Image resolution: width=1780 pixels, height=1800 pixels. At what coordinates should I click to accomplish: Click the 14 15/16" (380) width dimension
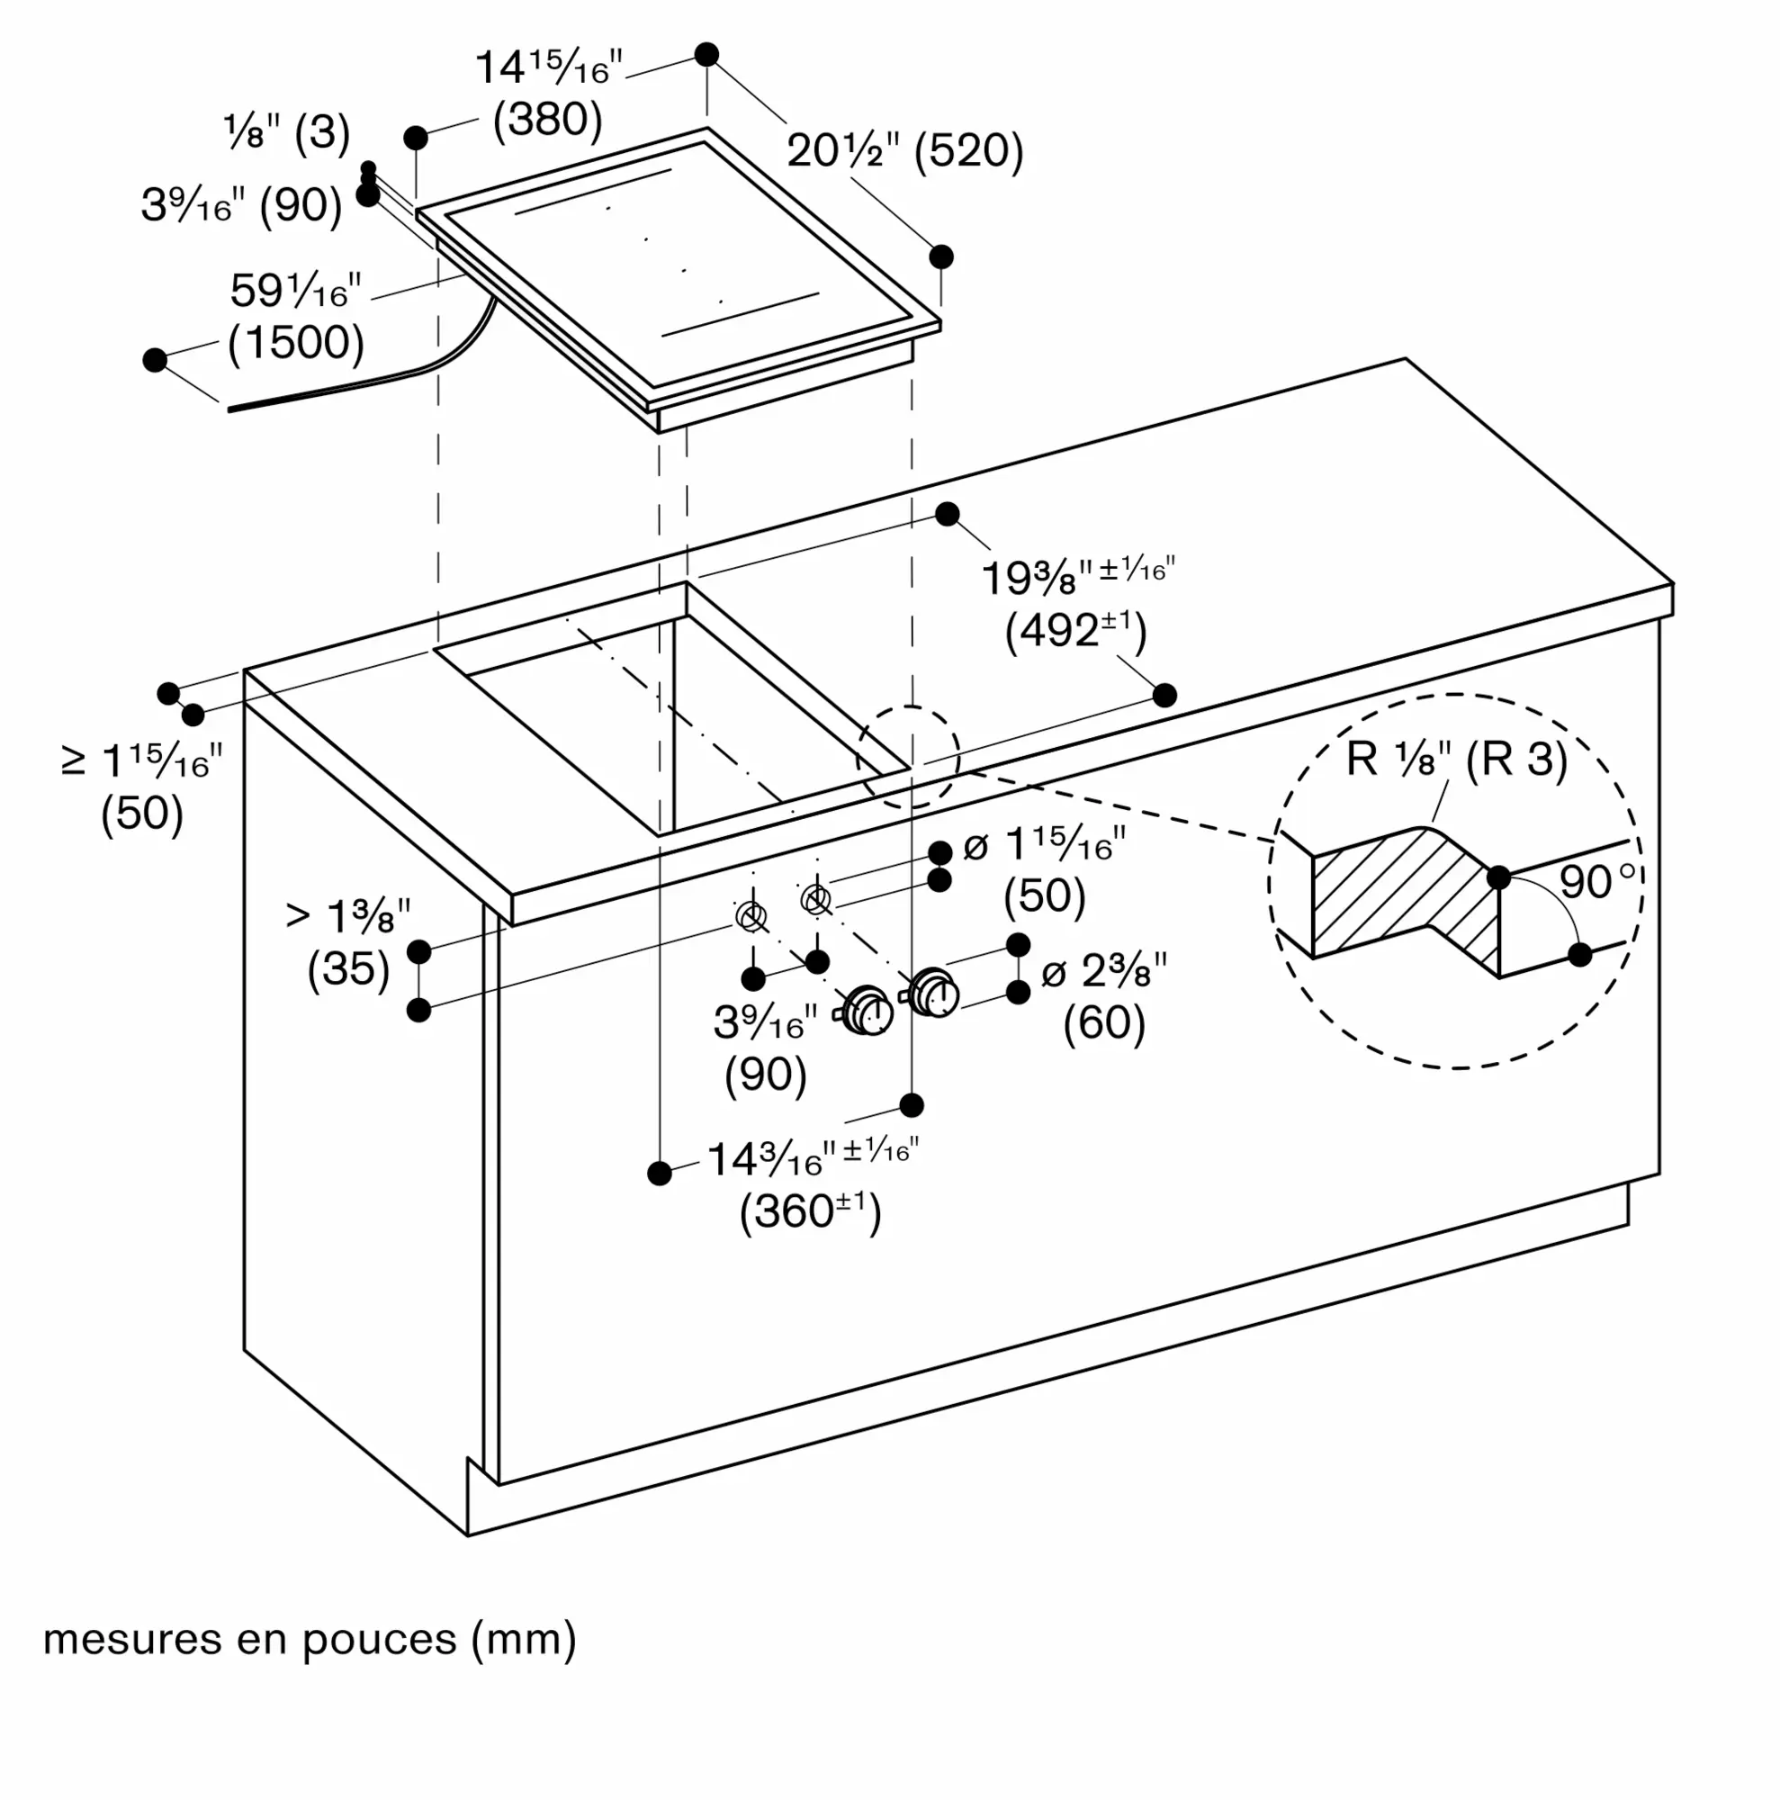[x=549, y=94]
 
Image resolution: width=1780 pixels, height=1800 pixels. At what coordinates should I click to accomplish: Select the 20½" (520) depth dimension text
[x=905, y=151]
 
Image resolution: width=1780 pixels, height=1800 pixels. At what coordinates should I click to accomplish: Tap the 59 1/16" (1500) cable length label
[x=296, y=318]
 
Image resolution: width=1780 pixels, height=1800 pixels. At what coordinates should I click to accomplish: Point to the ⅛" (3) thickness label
[x=287, y=132]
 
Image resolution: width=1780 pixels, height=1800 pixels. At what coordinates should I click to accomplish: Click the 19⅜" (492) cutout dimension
[x=1078, y=604]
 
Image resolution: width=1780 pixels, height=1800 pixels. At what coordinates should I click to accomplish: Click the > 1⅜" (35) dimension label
[x=348, y=944]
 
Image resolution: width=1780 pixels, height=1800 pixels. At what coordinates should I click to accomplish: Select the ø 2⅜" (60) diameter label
[x=1104, y=998]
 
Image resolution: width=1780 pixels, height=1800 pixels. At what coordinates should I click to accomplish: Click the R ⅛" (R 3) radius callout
[x=1457, y=760]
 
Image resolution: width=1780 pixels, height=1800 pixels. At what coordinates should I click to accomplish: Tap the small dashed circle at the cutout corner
[x=908, y=757]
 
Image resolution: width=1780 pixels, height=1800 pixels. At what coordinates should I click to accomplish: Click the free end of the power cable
[x=229, y=409]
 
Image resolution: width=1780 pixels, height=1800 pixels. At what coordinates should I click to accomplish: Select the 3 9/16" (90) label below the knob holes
[x=765, y=1049]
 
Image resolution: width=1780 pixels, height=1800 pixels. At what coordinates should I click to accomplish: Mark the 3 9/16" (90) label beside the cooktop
[x=242, y=205]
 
